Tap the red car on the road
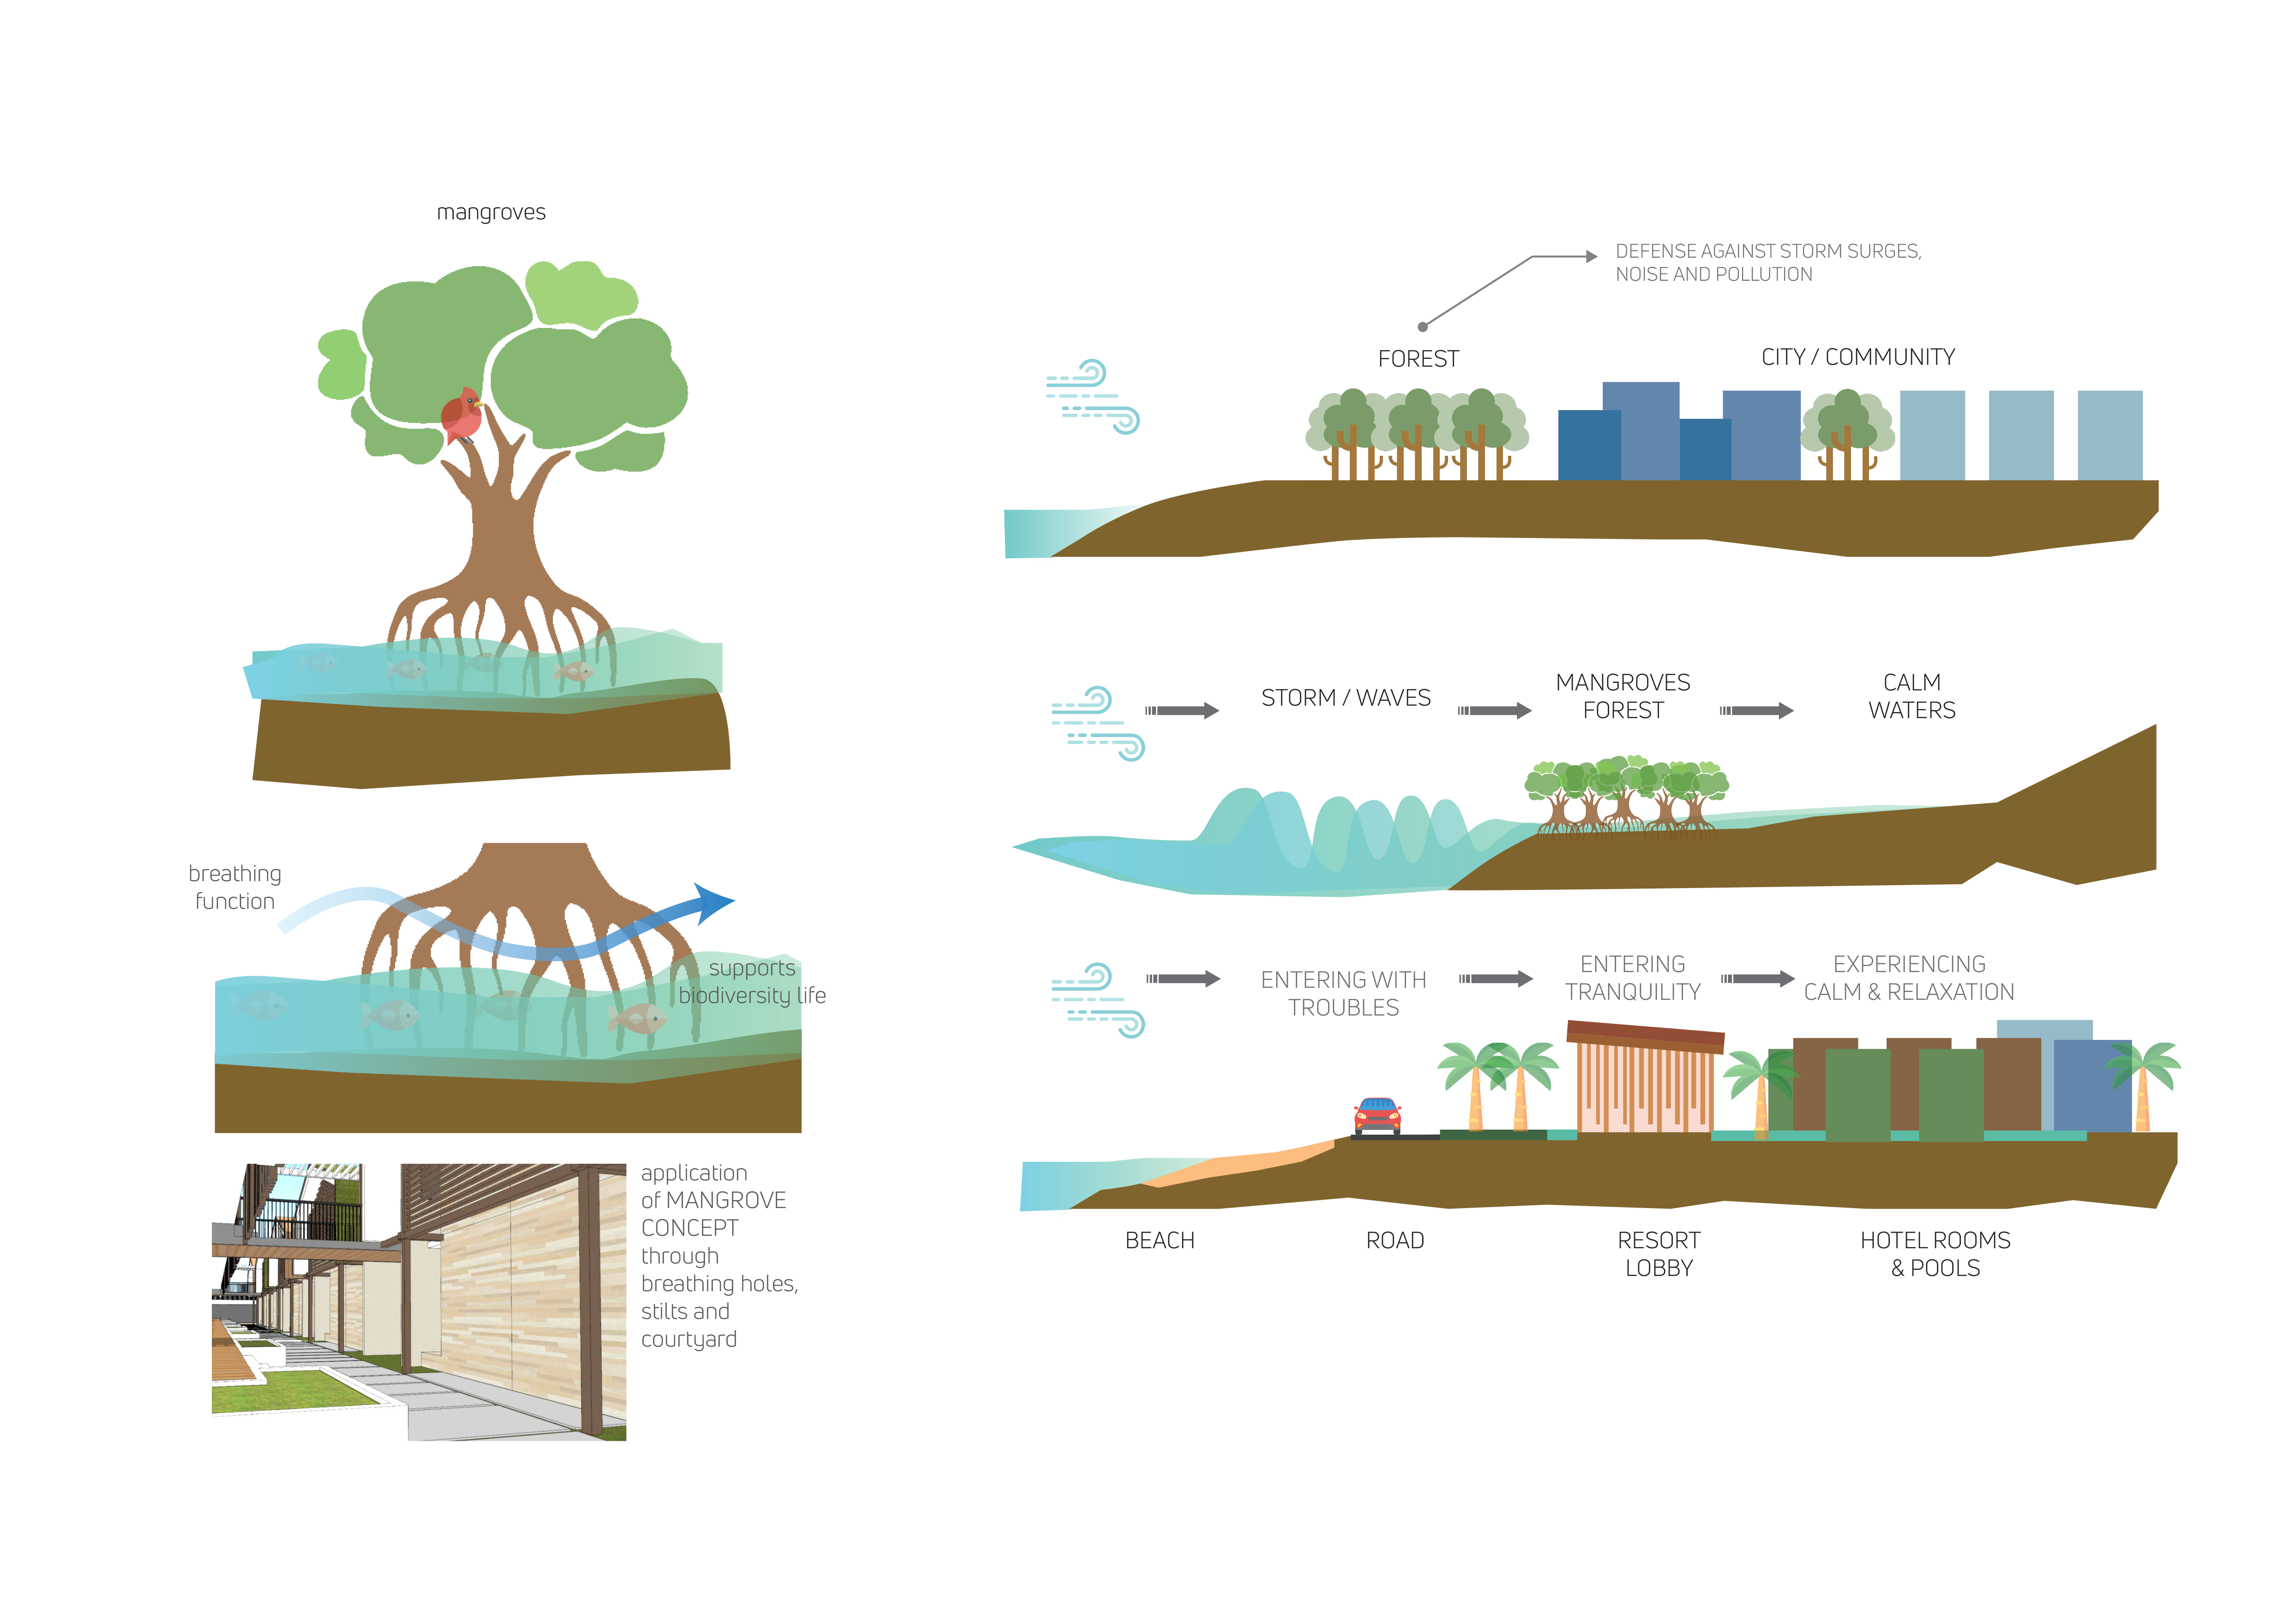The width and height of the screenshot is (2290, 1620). pyautogui.click(x=1377, y=1116)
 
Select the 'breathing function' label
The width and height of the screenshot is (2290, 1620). pyautogui.click(x=235, y=887)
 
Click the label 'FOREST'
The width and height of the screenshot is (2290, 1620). pyautogui.click(x=1418, y=359)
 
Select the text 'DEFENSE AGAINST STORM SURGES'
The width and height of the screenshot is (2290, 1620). pyautogui.click(x=1767, y=251)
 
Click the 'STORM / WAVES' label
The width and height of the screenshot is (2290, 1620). pyautogui.click(x=1346, y=698)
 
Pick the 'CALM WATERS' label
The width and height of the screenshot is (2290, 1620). pyautogui.click(x=1911, y=696)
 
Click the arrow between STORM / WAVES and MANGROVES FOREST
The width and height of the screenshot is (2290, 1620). pyautogui.click(x=1494, y=711)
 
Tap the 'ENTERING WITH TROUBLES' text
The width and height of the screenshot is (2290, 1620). pyautogui.click(x=1343, y=993)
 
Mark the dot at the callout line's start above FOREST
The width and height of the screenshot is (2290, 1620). pyautogui.click(x=1422, y=326)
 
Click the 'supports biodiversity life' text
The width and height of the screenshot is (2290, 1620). pyautogui.click(x=752, y=982)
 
